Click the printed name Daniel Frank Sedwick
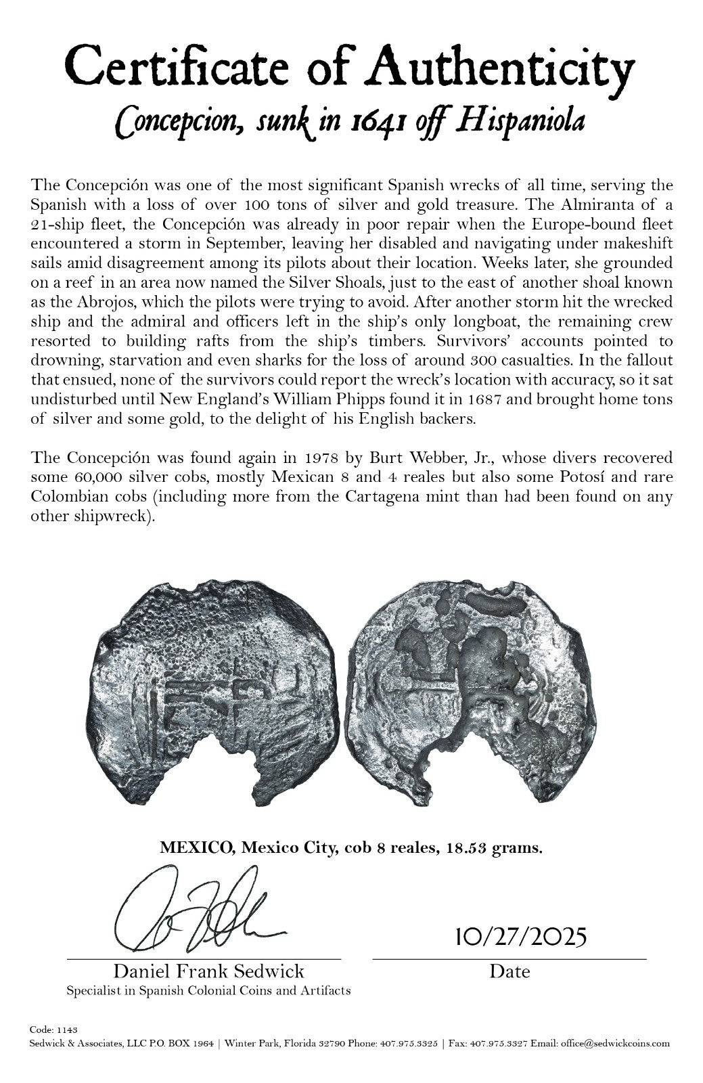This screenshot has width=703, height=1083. coord(208,972)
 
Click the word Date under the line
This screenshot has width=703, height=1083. coord(509,972)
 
